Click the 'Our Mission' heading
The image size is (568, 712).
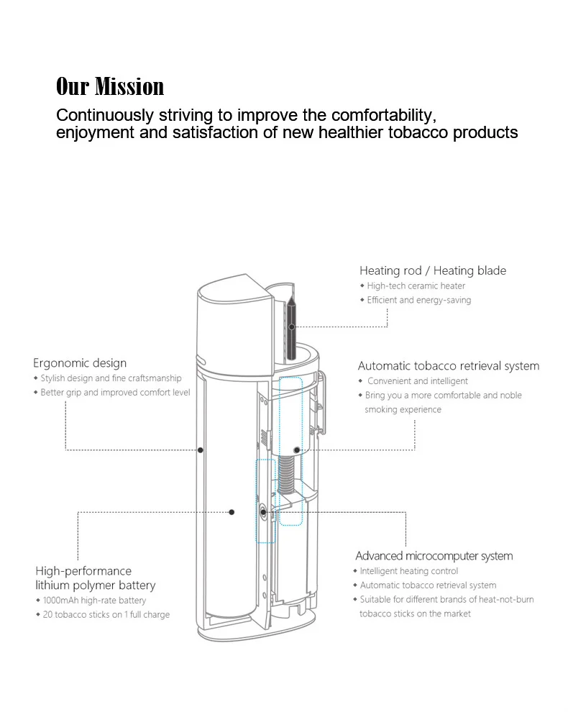110,87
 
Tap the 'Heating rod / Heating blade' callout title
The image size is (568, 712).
433,270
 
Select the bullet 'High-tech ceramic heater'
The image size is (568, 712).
416,286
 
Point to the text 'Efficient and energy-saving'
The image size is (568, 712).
419,300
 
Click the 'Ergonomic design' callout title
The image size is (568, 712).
80,363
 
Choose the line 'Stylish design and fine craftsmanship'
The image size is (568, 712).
111,378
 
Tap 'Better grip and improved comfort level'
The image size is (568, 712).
115,393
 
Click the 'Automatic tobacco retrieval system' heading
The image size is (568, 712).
449,366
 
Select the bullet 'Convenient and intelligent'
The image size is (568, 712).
418,381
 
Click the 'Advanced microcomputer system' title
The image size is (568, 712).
434,556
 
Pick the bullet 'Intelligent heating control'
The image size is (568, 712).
409,571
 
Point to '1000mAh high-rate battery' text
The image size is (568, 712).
94,601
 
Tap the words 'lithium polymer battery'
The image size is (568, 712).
96,585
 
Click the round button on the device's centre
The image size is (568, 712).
264,512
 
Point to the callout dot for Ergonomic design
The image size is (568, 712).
201,450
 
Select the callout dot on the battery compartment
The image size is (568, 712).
232,512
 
